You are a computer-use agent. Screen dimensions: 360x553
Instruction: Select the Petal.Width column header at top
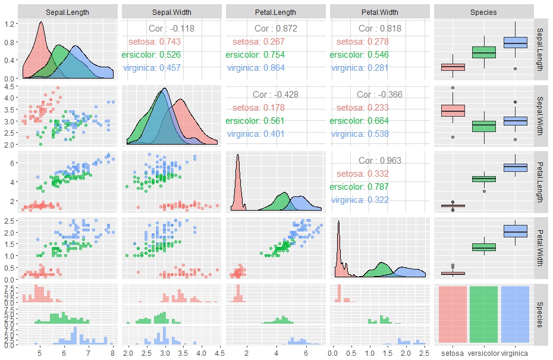pos(379,12)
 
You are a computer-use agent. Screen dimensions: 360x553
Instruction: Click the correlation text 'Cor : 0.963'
pos(380,161)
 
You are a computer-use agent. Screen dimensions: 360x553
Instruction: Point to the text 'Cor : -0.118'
pos(171,29)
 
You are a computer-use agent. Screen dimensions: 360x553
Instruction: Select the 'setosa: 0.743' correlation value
pos(155,42)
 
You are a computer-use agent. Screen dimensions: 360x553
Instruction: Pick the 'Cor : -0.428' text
pos(275,95)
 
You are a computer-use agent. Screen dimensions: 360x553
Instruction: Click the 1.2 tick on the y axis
pos(11,24)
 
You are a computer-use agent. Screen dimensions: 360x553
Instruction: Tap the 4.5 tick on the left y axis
pos(11,87)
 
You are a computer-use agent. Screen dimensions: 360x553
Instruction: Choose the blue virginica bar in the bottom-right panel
pos(515,314)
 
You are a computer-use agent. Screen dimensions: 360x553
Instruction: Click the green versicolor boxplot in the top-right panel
pos(483,52)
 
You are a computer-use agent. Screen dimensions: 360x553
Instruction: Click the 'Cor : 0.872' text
pos(276,29)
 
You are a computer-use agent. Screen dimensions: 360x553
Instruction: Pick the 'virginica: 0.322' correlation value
pos(360,200)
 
